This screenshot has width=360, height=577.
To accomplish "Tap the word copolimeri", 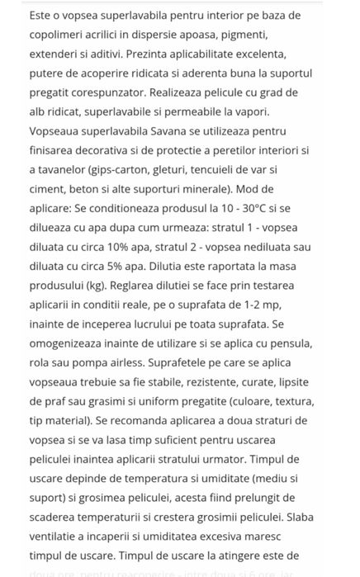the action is pyautogui.click(x=59, y=35).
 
